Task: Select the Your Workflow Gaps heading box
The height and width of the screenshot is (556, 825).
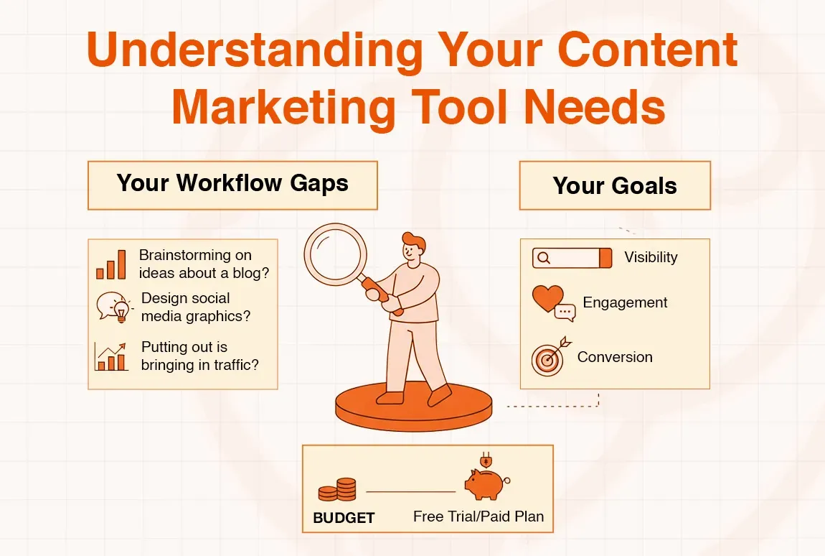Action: point(232,184)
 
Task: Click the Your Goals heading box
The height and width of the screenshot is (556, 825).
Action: point(615,185)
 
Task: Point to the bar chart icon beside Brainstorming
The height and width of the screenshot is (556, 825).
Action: point(111,264)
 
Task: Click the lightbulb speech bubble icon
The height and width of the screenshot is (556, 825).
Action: point(114,307)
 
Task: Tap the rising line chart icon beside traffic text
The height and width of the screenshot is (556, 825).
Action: point(110,356)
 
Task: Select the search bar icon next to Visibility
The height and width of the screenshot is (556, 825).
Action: point(572,258)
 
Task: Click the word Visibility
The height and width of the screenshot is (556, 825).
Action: point(651,257)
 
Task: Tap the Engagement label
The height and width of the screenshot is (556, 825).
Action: point(625,302)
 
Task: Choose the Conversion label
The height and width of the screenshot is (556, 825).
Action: point(615,357)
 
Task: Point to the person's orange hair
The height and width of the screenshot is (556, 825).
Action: point(414,240)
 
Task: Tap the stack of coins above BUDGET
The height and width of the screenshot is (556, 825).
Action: point(337,491)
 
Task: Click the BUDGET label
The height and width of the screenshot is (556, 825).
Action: point(344,517)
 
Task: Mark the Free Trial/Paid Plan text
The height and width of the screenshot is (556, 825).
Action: point(478,516)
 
